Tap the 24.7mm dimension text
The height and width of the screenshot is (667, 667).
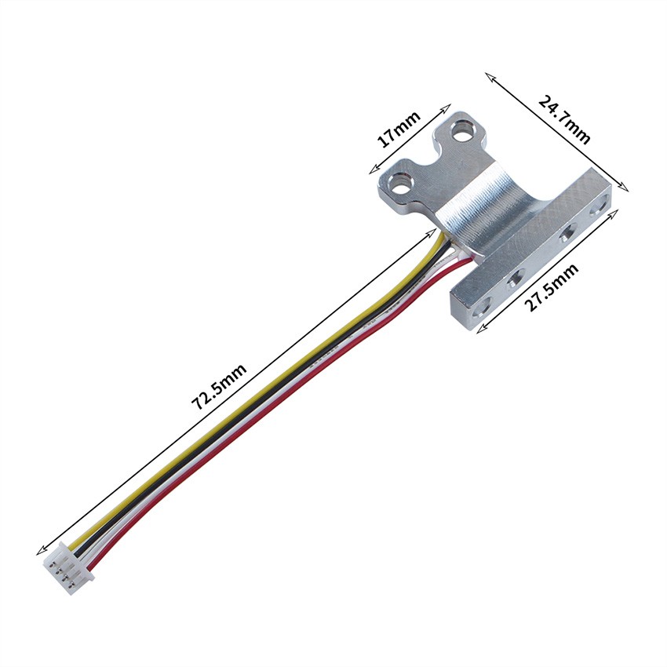pyautogui.click(x=565, y=118)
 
